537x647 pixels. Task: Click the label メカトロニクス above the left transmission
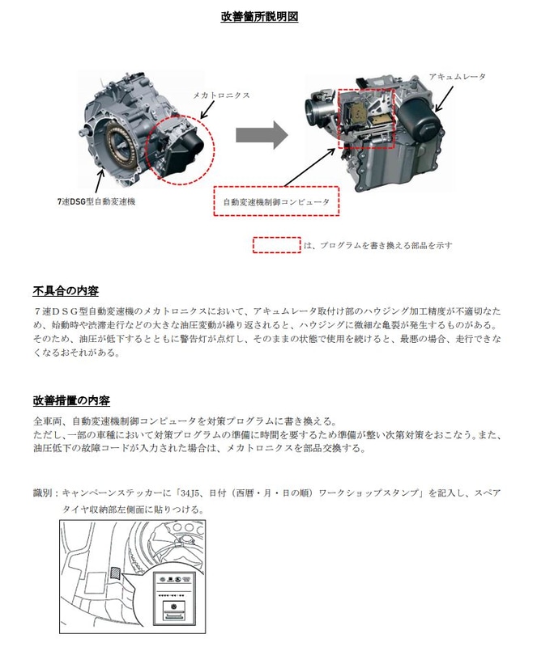click(219, 95)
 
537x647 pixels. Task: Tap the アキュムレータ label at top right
click(457, 75)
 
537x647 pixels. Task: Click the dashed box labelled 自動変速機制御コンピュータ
click(275, 203)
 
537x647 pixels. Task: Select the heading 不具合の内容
click(66, 290)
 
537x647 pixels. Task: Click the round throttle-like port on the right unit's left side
click(315, 104)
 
